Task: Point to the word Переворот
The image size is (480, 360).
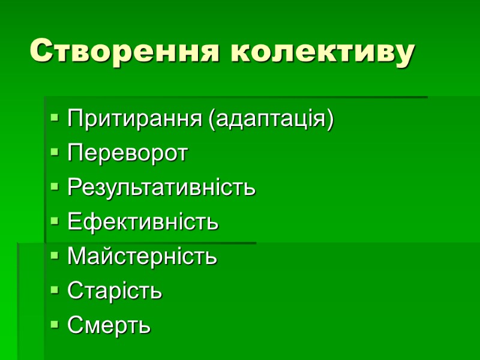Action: click(128, 153)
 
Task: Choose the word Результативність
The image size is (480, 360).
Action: click(161, 187)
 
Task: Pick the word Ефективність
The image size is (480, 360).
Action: click(143, 222)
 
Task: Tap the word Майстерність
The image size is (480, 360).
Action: click(142, 257)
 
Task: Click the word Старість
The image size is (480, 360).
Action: click(115, 291)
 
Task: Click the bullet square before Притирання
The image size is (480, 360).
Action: click(55, 119)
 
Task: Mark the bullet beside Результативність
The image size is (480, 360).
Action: click(55, 188)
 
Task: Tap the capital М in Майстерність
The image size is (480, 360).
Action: click(76, 257)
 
